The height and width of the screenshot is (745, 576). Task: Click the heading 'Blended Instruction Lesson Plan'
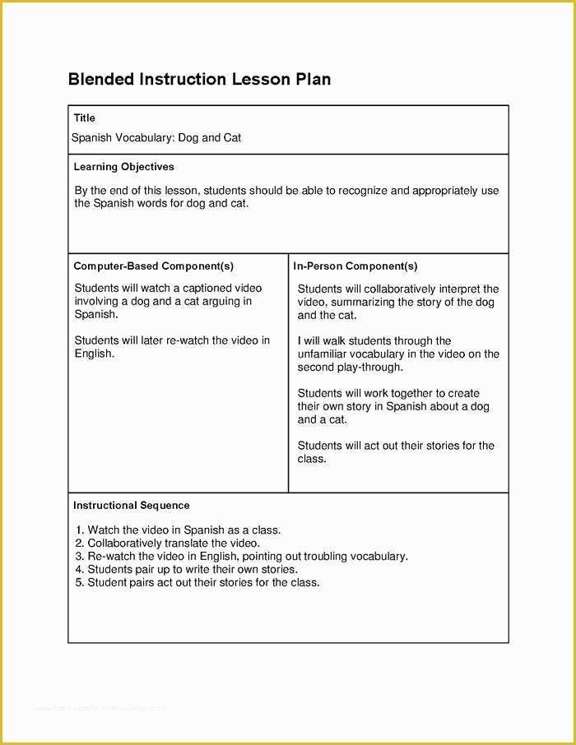tap(199, 80)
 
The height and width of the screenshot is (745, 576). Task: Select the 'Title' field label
tap(85, 118)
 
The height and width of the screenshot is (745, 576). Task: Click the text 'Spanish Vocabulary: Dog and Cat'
tap(156, 137)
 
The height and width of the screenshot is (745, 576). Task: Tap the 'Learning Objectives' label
tap(124, 167)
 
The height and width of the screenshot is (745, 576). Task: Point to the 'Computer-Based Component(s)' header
tap(154, 266)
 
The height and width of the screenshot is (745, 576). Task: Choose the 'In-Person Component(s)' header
tap(355, 266)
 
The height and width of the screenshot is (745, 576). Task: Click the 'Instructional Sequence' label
tap(132, 506)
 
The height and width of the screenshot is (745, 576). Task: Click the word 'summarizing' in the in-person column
tap(363, 302)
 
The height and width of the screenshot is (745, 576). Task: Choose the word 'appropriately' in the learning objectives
tap(445, 191)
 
